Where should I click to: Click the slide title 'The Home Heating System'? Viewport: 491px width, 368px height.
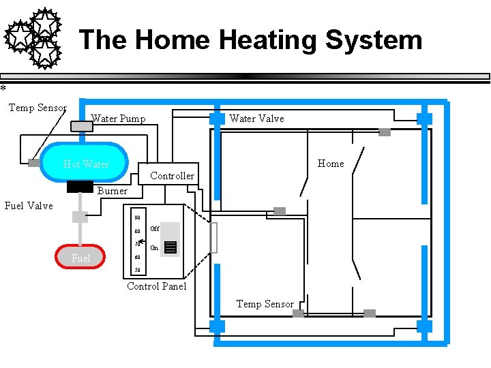(250, 40)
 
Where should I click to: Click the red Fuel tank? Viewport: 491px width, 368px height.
(80, 257)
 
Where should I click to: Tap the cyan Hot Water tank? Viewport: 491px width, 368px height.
(86, 164)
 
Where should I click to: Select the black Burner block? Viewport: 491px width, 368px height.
(80, 186)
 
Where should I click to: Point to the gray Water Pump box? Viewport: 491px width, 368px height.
(82, 125)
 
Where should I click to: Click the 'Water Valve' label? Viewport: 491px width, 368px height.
(256, 119)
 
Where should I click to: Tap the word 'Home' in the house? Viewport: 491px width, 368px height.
(331, 164)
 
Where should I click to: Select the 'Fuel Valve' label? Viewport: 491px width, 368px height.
(29, 206)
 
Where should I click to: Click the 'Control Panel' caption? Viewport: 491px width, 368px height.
(156, 286)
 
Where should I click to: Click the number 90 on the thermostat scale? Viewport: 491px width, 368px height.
(137, 218)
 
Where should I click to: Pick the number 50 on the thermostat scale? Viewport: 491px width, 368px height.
(137, 270)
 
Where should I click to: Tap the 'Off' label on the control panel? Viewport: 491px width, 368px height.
(155, 229)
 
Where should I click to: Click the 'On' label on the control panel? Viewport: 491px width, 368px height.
(154, 248)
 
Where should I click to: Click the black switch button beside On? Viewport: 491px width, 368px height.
(170, 247)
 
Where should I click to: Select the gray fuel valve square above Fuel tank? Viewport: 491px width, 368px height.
(80, 217)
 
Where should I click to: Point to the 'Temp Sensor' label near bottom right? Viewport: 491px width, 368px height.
(265, 304)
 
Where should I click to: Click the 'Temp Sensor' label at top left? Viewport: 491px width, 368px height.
(38, 108)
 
